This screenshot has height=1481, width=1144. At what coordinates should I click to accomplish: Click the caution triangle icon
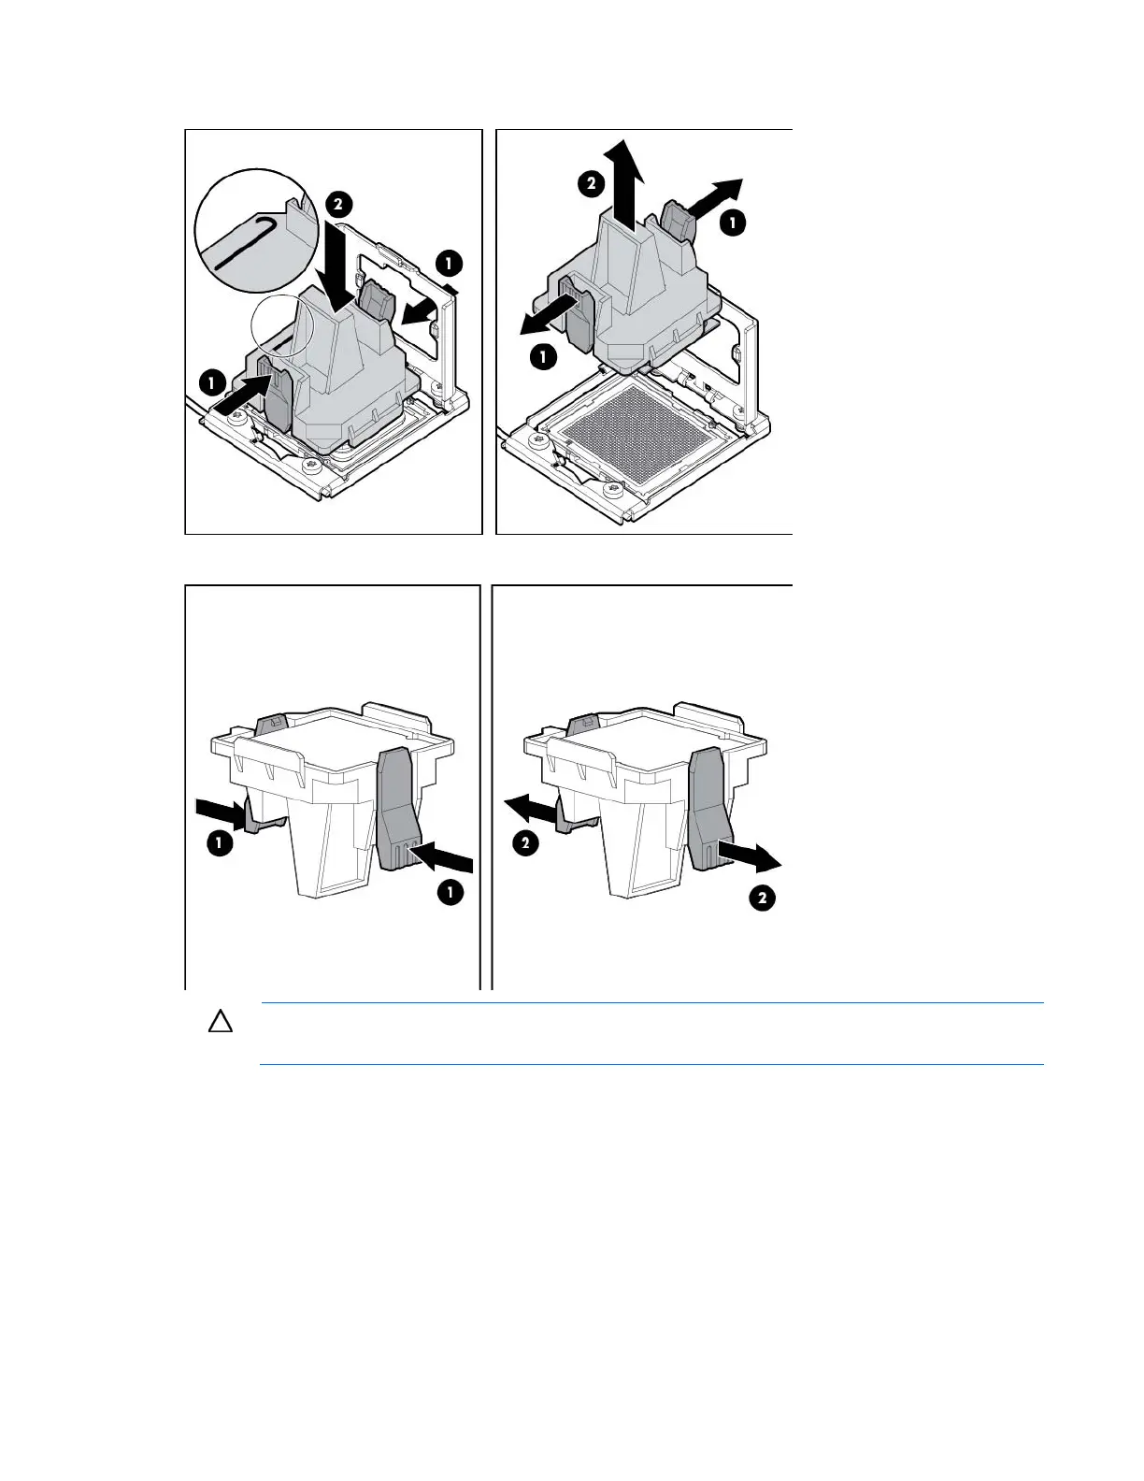point(221,1022)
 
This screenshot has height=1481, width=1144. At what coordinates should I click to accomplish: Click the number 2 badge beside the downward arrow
point(338,205)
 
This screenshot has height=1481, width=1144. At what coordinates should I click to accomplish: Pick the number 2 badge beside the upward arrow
point(591,183)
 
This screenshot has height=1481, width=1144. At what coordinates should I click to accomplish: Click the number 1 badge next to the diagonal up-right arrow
point(732,223)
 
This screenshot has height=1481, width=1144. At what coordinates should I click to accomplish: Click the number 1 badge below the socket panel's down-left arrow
point(543,356)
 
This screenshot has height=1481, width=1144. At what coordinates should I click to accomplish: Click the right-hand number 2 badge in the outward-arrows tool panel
point(763,899)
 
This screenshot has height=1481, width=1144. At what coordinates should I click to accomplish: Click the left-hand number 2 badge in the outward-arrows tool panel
point(526,844)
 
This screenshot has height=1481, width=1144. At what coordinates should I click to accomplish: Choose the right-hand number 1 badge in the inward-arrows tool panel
point(450,893)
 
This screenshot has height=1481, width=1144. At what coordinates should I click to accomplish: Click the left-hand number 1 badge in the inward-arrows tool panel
point(220,844)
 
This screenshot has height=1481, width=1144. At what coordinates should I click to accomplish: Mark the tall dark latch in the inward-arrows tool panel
point(399,808)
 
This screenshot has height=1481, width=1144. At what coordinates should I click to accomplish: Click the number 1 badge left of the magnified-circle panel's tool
point(212,382)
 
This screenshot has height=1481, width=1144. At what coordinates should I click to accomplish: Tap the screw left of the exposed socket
point(537,437)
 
